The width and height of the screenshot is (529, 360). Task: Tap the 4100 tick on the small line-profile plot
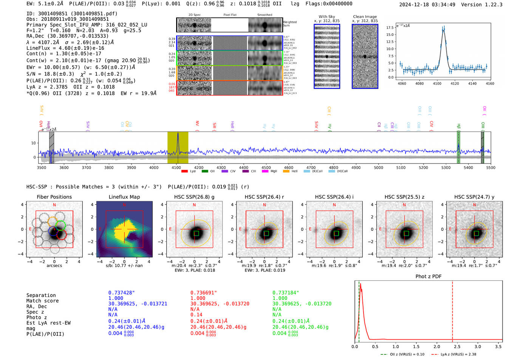[437, 83]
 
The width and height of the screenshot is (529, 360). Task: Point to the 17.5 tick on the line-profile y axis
[390, 28]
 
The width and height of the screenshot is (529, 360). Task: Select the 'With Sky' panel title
[326, 17]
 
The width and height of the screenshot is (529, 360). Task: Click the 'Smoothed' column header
[264, 15]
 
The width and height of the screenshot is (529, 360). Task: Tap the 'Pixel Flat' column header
[230, 15]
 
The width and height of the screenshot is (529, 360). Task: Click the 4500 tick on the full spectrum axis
[266, 168]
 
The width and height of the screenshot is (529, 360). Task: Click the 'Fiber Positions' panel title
[54, 197]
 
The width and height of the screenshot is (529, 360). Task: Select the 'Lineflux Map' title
[124, 197]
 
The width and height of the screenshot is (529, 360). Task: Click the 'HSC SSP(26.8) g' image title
[194, 197]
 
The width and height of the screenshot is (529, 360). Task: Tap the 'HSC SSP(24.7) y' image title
[474, 197]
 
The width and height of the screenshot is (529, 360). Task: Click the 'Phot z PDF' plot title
[428, 277]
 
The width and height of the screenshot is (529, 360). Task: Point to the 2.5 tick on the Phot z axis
[457, 346]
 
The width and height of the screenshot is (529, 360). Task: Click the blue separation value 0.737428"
[121, 293]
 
